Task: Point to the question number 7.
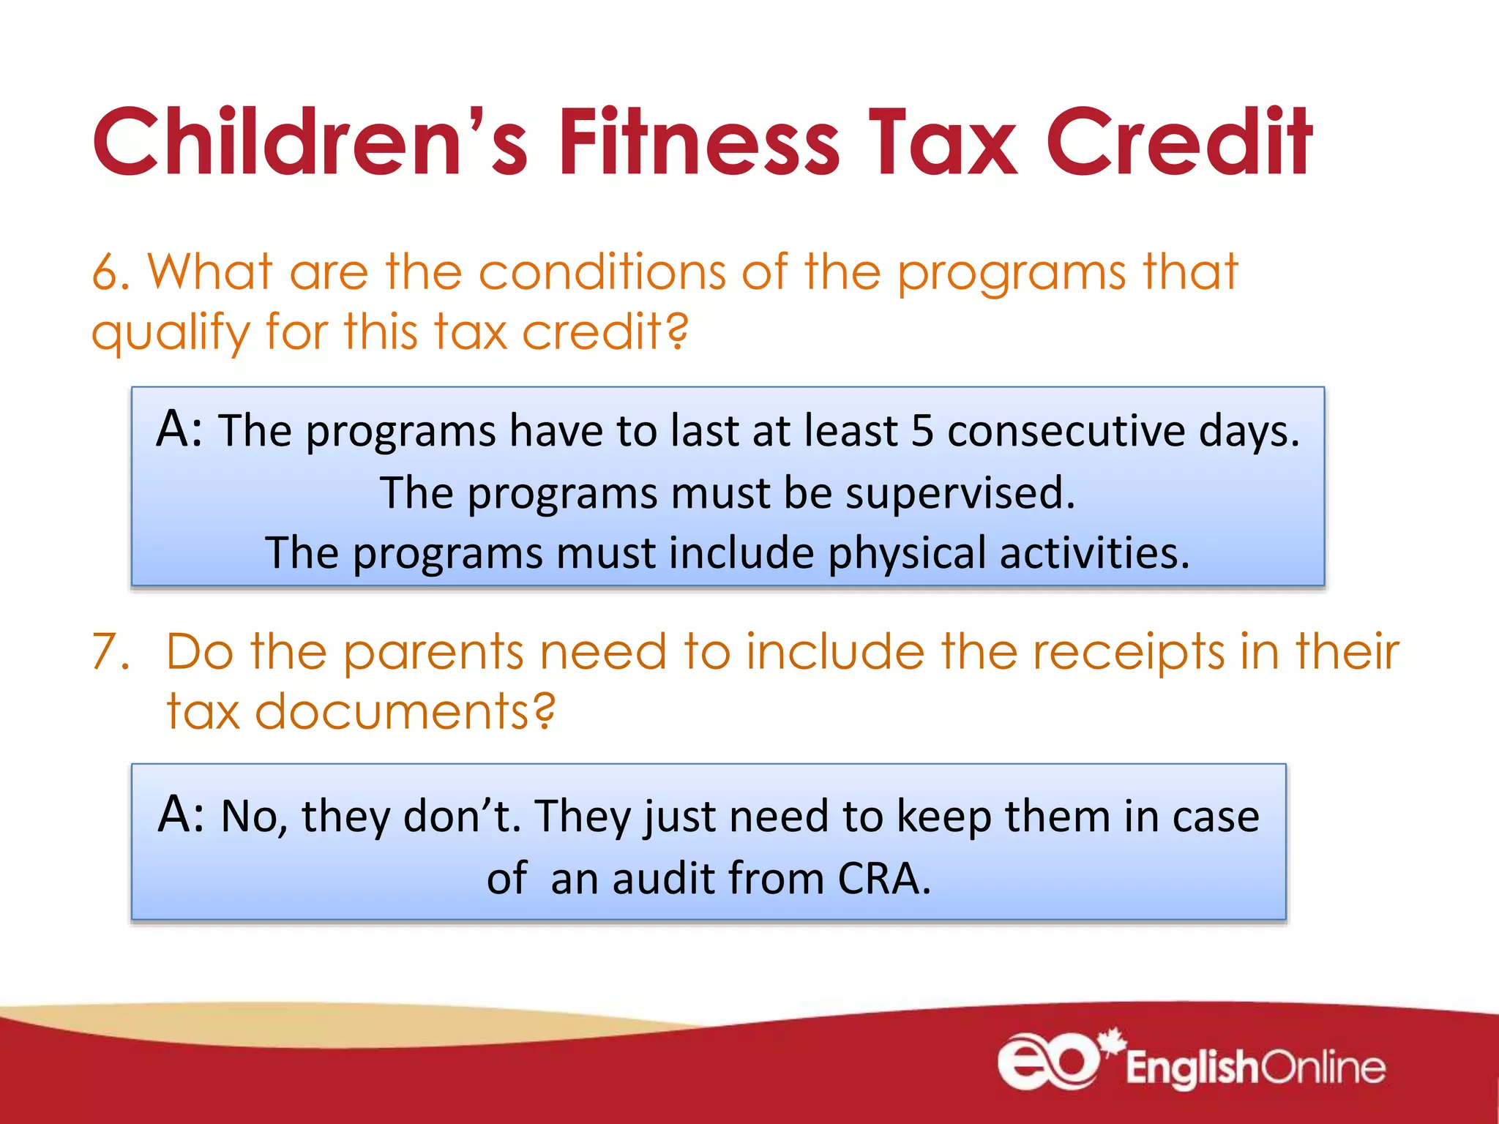[110, 651]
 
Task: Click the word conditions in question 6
[602, 273]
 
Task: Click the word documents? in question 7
[405, 711]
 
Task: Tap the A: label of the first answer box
[179, 429]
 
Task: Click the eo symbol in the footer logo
[1048, 1061]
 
